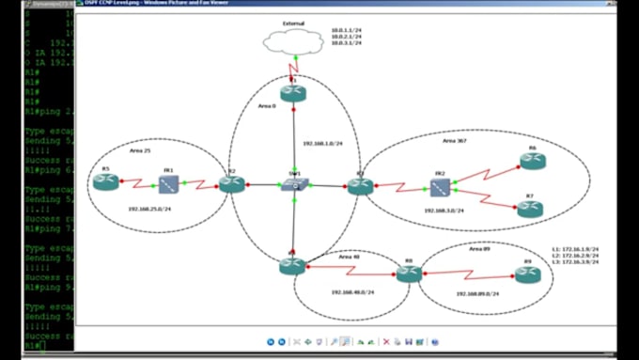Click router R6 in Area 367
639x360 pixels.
tap(532, 161)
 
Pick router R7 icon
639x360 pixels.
tap(530, 209)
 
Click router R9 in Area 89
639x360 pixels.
tap(527, 274)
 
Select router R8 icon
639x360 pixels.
tap(409, 274)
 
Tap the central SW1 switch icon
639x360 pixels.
tap(294, 186)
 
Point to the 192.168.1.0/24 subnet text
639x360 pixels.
tap(324, 144)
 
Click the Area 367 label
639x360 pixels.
tap(455, 141)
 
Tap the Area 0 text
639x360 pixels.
tap(267, 106)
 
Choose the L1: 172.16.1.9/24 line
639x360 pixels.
tap(575, 249)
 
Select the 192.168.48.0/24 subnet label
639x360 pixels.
tap(353, 291)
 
